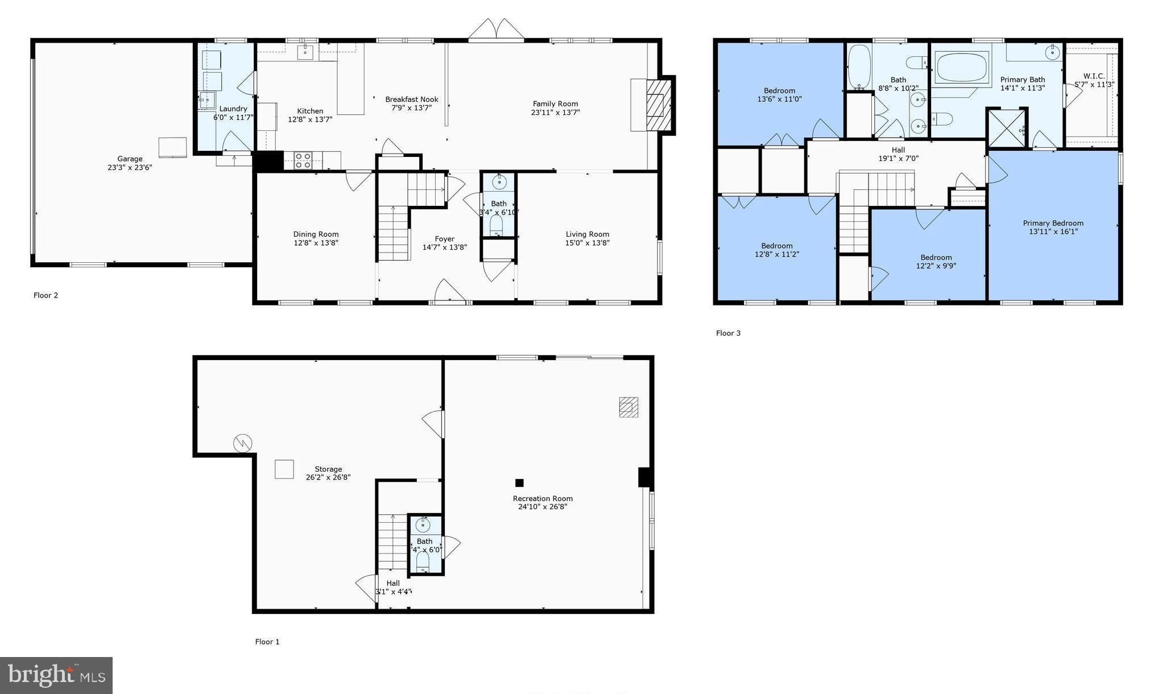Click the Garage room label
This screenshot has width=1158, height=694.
coord(130,159)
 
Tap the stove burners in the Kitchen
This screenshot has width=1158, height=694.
coord(303,160)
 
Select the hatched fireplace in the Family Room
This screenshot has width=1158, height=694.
coord(660,105)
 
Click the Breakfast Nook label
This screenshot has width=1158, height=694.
coord(411,100)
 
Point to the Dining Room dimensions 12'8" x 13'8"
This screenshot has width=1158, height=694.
coord(316,243)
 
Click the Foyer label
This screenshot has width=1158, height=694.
coord(444,239)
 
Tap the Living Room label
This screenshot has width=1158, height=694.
coord(587,234)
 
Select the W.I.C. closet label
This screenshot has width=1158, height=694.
coord(1094,76)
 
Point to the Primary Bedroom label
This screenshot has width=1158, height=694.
coord(1053,223)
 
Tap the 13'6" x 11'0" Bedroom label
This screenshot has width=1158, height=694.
coord(779,91)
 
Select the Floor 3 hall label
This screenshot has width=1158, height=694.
coord(898,150)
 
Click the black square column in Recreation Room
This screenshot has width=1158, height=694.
coord(519,483)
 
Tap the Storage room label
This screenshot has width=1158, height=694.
coord(328,469)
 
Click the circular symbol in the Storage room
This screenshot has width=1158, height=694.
coord(243,443)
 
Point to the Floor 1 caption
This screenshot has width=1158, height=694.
coord(267,642)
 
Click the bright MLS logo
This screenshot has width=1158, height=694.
coord(56,675)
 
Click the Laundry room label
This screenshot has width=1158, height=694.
coord(233,109)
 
